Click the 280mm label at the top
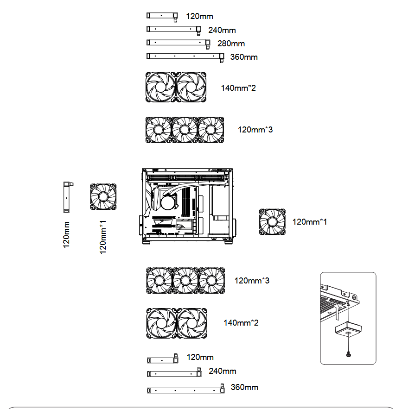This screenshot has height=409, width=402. click(x=231, y=44)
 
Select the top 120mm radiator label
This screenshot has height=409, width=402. click(x=199, y=17)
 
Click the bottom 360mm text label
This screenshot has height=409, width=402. click(x=244, y=387)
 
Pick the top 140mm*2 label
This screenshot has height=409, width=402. click(x=238, y=88)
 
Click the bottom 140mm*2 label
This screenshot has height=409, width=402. click(x=241, y=322)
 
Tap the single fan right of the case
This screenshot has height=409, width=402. click(x=273, y=221)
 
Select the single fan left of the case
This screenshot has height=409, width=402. click(x=103, y=197)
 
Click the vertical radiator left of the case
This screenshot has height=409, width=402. click(x=66, y=197)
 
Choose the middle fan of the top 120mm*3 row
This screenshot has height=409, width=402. click(x=185, y=129)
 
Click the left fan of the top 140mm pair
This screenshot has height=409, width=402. click(x=161, y=87)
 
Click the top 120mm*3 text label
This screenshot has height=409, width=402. click(x=255, y=130)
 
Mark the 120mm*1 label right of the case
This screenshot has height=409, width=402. click(x=309, y=222)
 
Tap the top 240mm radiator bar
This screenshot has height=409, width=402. click(x=172, y=29)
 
